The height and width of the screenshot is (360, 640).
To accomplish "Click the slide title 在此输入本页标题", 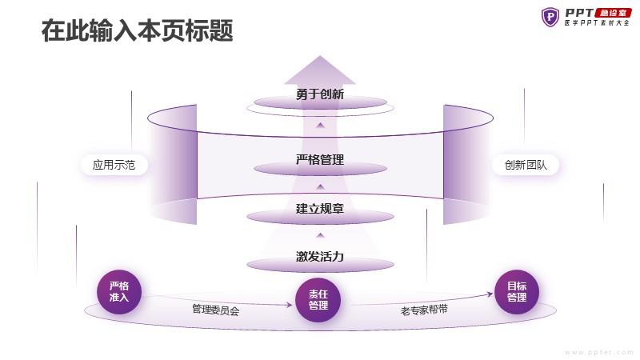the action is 137,30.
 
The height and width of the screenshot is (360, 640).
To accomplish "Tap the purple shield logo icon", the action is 550,17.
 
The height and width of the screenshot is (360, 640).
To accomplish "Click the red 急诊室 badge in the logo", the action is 614,13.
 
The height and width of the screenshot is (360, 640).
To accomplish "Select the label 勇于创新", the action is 320,94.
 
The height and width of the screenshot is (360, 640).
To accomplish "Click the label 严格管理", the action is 320,159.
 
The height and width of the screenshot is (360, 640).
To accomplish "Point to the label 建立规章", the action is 320,209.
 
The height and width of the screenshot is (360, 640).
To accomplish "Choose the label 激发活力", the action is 320,256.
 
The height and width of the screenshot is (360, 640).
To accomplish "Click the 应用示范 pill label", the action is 114,165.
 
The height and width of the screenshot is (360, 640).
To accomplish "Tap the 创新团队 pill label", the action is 526,165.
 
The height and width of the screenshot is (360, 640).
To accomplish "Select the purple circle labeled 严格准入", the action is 119,292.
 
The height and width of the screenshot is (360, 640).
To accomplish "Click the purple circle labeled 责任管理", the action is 318,300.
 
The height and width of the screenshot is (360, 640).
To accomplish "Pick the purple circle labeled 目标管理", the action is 517,292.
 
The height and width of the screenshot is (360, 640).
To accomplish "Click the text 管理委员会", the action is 215,310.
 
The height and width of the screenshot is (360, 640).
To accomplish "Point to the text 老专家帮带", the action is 424,310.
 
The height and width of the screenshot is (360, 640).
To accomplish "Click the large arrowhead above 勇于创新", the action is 320,70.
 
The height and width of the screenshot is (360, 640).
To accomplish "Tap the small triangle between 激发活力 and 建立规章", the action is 321,235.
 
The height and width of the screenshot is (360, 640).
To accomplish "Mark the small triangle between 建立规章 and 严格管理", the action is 321,186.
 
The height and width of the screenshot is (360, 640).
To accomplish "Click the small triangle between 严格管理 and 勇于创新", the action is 321,125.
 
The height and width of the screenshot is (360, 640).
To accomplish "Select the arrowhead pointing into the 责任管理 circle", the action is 290,305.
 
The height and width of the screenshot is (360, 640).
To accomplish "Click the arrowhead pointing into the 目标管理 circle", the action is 490,294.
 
